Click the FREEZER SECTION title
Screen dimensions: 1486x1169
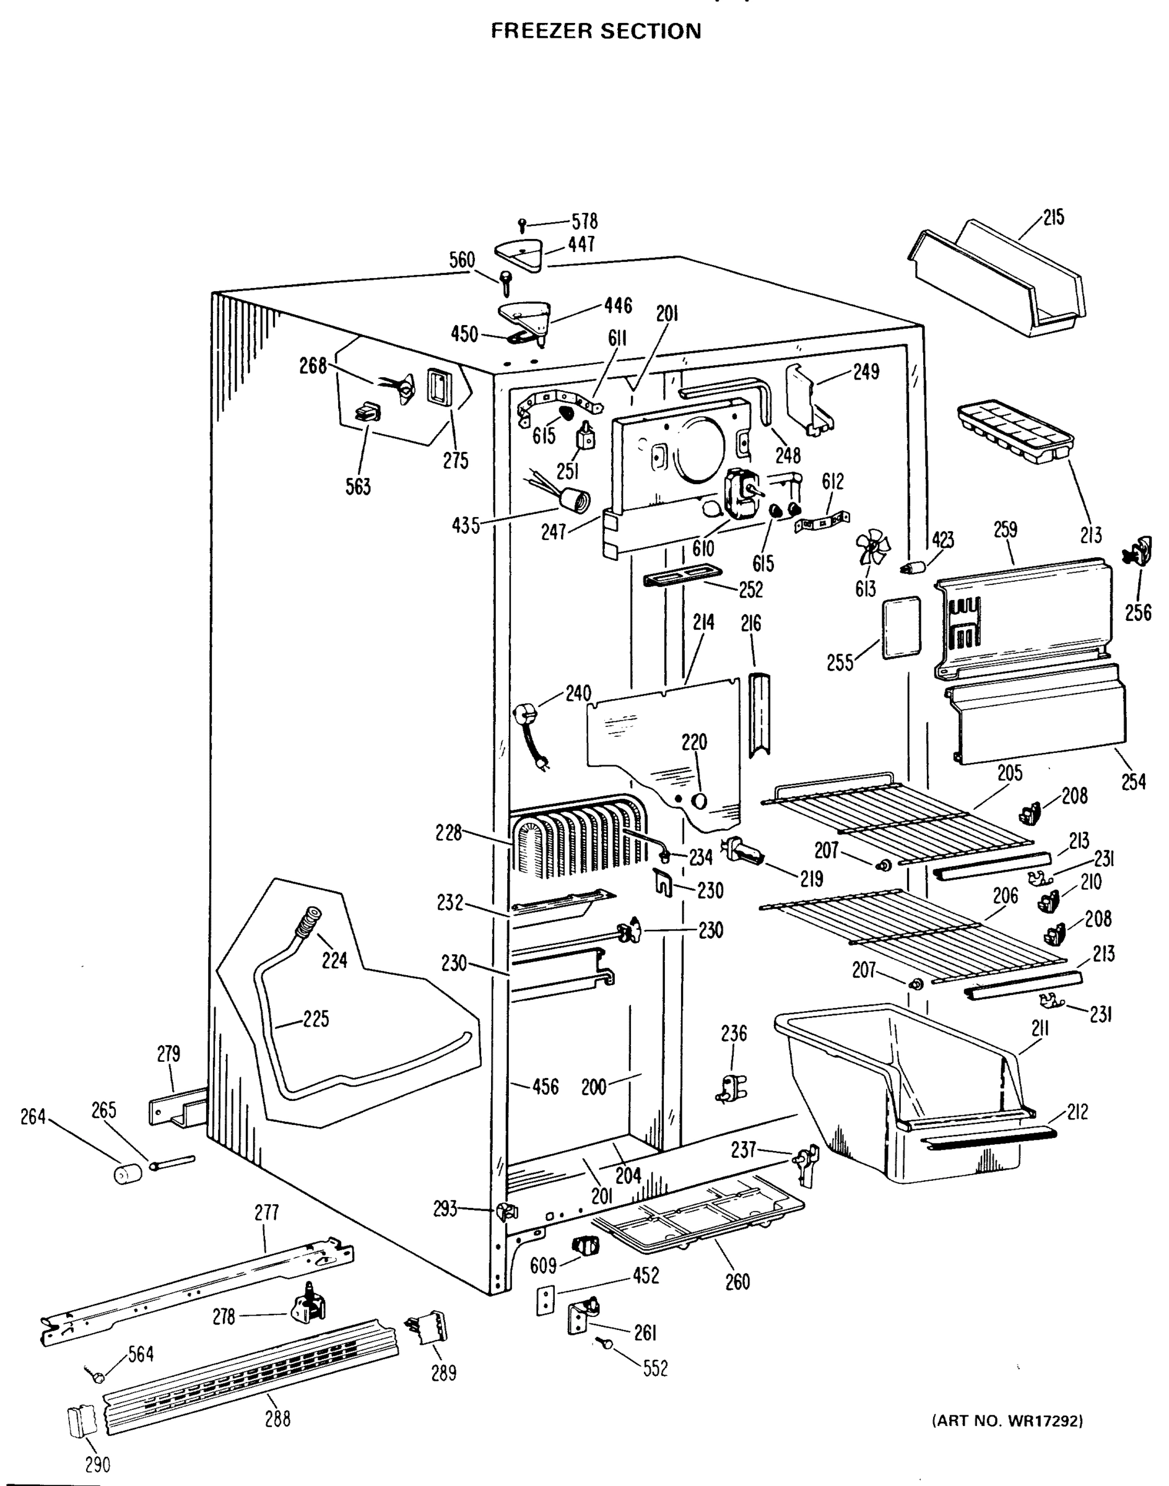(596, 32)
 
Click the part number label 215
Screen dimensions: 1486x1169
(1054, 218)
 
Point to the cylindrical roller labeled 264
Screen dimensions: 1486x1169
(126, 1175)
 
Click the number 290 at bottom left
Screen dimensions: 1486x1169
(97, 1465)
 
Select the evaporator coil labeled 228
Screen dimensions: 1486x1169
(578, 838)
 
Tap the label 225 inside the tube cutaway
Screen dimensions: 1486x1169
(316, 1019)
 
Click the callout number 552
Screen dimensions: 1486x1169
(655, 1369)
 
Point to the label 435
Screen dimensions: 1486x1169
(466, 526)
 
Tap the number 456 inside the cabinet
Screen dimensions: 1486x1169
(545, 1086)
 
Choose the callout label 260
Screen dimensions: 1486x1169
(737, 1281)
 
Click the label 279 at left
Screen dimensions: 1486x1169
(168, 1053)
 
